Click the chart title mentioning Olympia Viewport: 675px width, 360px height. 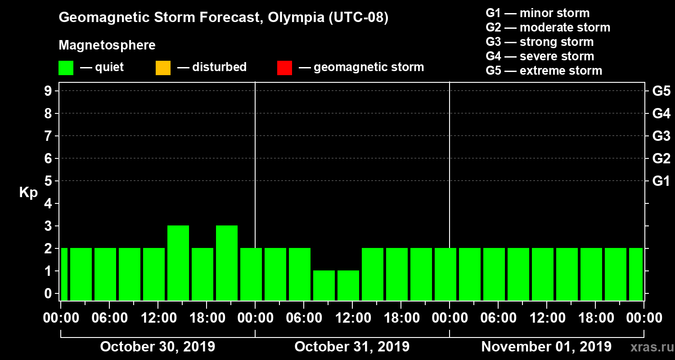pyautogui.click(x=223, y=18)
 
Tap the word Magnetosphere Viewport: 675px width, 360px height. pyautogui.click(x=107, y=45)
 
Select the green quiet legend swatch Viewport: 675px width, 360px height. pyautogui.click(x=66, y=68)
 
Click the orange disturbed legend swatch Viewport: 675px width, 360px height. pyautogui.click(x=163, y=68)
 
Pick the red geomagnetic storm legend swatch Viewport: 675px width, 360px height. pyautogui.click(x=284, y=68)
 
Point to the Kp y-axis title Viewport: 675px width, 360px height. pyautogui.click(x=28, y=193)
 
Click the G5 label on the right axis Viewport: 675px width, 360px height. pyautogui.click(x=661, y=91)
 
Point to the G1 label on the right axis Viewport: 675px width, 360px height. pyautogui.click(x=661, y=181)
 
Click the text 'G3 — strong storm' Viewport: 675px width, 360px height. pyautogui.click(x=540, y=42)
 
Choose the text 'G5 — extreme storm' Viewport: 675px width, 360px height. pyautogui.click(x=544, y=71)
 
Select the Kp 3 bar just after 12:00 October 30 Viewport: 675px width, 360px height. pyautogui.click(x=178, y=263)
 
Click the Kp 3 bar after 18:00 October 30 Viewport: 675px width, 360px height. pyautogui.click(x=227, y=263)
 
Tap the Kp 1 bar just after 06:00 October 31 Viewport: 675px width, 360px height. pyautogui.click(x=324, y=285)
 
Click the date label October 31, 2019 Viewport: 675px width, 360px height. pyautogui.click(x=352, y=347)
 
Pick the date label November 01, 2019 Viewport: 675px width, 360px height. pyautogui.click(x=546, y=347)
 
